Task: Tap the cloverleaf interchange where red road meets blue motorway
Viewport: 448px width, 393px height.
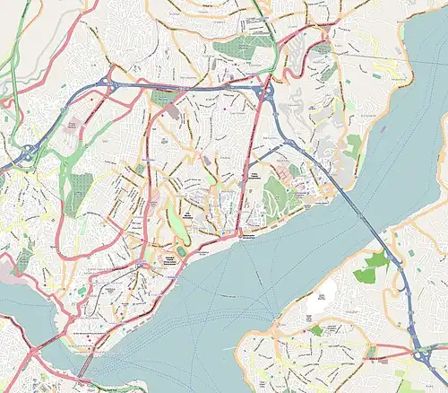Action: tap(265, 92)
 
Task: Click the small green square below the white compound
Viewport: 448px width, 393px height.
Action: tap(315, 331)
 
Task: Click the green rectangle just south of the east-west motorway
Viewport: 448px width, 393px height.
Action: tap(163, 97)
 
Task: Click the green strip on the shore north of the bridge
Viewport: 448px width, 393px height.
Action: tap(352, 148)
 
